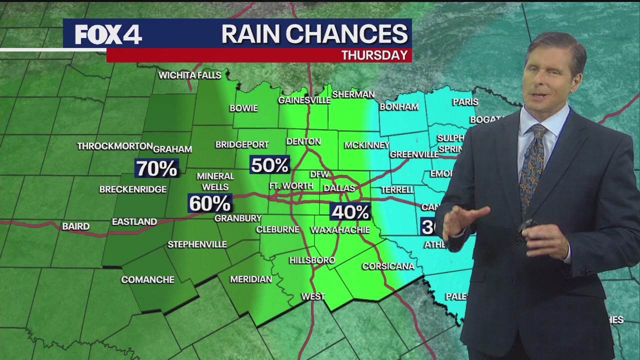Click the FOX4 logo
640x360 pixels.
pos(108,34)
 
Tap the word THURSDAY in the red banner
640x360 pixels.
pos(374,55)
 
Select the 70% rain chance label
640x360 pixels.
pos(156,168)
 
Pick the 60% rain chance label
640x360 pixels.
pos(209,203)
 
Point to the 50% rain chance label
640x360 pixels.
pos(269,165)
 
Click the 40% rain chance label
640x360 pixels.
pos(350,212)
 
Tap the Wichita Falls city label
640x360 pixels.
pos(189,75)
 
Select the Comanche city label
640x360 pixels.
pos(147,280)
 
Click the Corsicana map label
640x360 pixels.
pos(388,266)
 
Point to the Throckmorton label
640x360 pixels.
pos(115,146)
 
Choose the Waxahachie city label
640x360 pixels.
pos(340,230)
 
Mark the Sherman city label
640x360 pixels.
pos(353,94)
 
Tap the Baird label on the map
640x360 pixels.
pos(76,226)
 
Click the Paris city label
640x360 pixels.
pos(465,102)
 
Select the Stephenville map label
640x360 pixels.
pos(197,244)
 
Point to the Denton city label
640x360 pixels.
pos(303,141)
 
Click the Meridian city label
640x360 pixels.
pos(251,279)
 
